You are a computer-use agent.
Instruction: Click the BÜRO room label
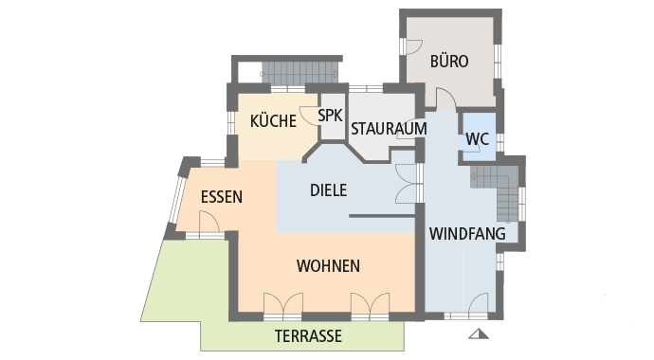(449, 62)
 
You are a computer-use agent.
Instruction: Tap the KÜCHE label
(274, 120)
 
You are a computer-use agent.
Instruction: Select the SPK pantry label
(330, 116)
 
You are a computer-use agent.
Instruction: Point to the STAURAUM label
(389, 128)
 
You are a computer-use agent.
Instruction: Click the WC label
(477, 139)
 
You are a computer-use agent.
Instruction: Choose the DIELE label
(328, 189)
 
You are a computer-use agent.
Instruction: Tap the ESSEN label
(222, 198)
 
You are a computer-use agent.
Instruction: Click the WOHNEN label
(327, 265)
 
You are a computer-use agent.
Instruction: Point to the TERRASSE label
(308, 336)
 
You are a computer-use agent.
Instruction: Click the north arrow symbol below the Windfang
(477, 333)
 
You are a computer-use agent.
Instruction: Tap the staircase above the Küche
(299, 72)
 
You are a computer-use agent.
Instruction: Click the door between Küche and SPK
(310, 117)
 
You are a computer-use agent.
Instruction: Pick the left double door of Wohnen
(282, 304)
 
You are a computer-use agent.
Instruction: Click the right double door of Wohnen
(370, 304)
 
